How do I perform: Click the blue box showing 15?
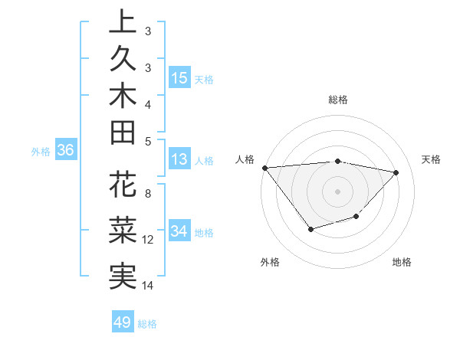[x=179, y=78]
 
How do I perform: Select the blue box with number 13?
[x=179, y=160]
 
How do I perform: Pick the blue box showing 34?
[x=179, y=232]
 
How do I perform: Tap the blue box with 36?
[x=66, y=151]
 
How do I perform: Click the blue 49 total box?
[x=123, y=322]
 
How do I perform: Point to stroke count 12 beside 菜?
[x=148, y=240]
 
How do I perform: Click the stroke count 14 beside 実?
[x=148, y=286]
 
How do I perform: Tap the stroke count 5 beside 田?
[x=148, y=141]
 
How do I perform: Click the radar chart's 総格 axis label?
[x=338, y=100]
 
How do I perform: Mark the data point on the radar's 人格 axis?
[x=264, y=167]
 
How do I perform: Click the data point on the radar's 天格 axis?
[x=396, y=172]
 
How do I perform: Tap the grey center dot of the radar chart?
[x=337, y=191]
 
